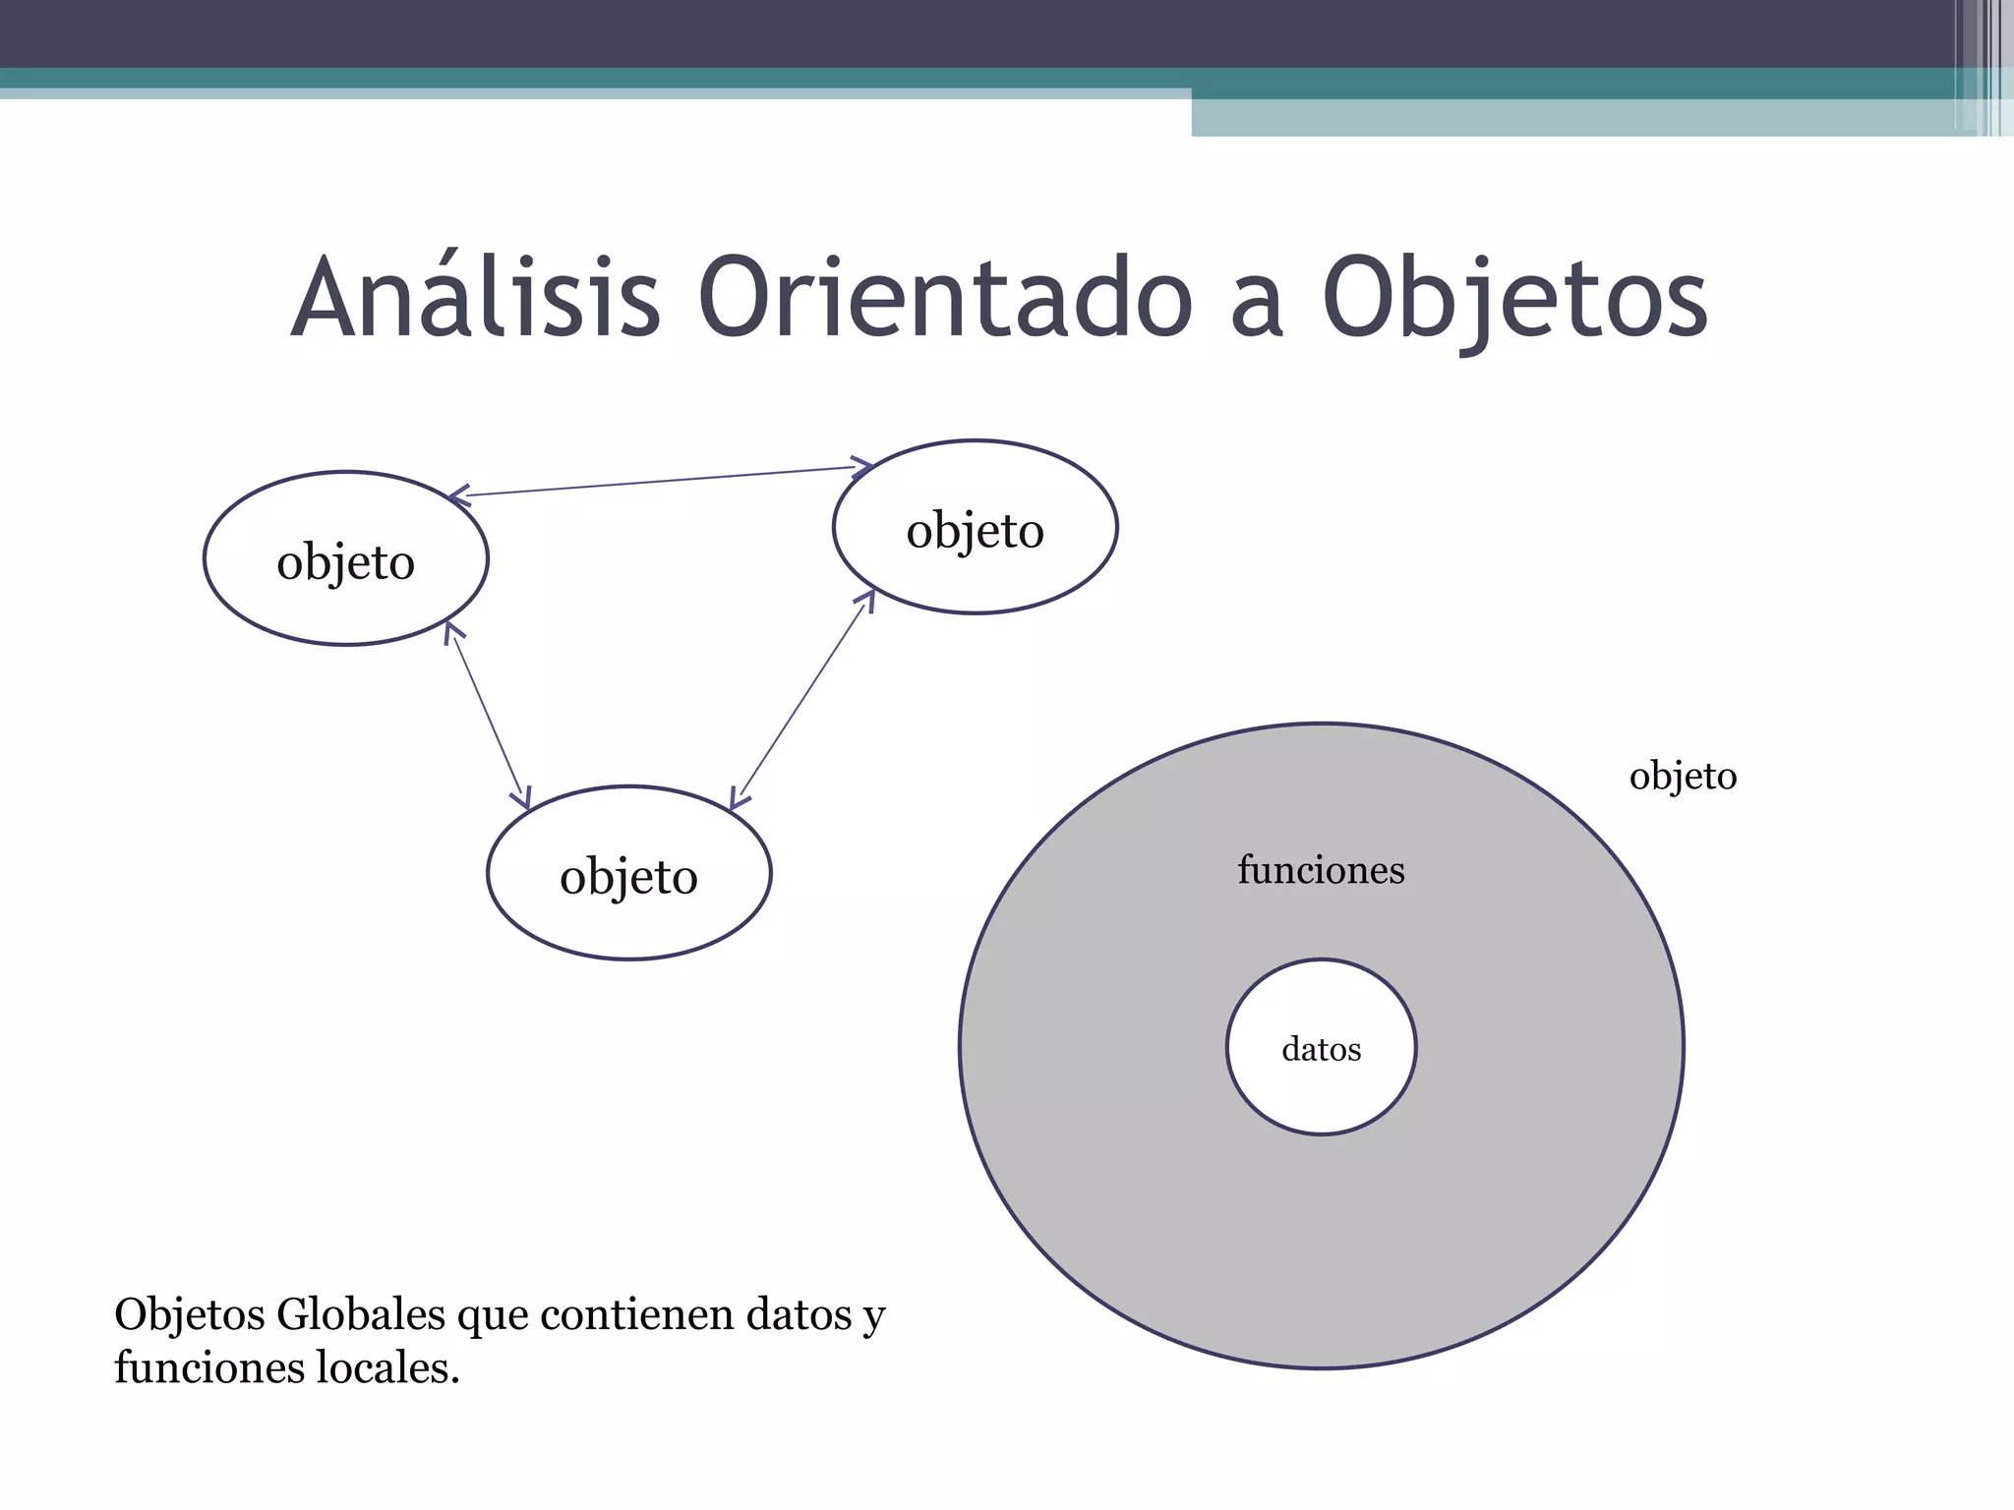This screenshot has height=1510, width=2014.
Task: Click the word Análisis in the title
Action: tap(476, 298)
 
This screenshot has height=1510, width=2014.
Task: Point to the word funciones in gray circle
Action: tap(1321, 870)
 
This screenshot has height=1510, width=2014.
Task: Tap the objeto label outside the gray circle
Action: tap(1683, 777)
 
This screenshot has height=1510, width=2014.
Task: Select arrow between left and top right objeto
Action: tap(659, 481)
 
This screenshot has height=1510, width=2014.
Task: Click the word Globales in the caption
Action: tap(361, 1314)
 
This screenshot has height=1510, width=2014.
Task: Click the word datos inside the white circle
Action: tap(1321, 1050)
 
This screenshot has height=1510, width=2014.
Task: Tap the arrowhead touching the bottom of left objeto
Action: tap(450, 630)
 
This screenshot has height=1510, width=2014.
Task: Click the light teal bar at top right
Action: tap(1573, 118)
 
